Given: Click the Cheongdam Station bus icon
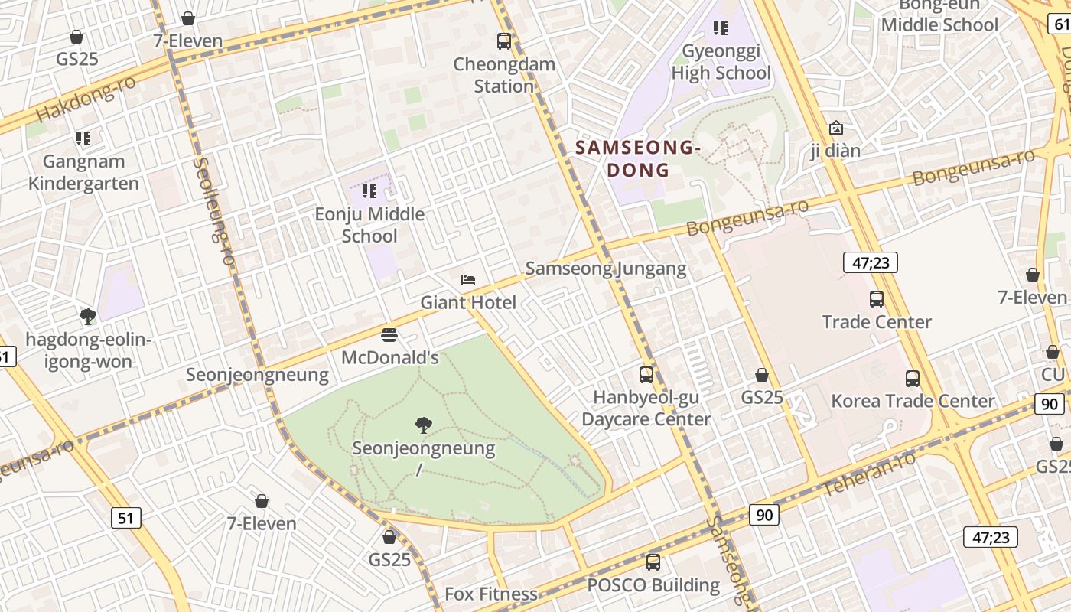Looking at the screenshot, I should pos(503,41).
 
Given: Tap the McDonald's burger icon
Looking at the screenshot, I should pos(389,335).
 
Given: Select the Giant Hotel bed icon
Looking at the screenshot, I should pos(468,280).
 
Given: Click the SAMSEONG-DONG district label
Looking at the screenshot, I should pos(638,158).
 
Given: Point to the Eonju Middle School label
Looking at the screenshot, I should pos(369,225).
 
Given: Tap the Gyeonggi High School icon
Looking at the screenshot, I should pos(720,28).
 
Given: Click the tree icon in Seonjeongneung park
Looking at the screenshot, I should pos(423,425).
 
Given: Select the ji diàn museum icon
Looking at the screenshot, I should pos(835,128).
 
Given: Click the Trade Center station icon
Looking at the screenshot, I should pos(877,299).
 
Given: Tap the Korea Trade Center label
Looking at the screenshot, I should pos(913,401).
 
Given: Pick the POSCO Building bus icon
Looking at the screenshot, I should pos(653,562).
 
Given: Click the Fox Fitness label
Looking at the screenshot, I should pos(491,594).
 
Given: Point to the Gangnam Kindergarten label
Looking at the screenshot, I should pos(83,172).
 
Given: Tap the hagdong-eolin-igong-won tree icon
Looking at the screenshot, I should pos(88,316).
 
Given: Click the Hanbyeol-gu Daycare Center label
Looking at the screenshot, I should pos(646,409).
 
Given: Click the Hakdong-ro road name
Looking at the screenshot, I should pos(86,100).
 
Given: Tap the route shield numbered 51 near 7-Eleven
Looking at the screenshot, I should pos(126,518).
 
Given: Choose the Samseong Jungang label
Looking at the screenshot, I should pos(606,269).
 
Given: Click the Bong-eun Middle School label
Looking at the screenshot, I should pos(939,15).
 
